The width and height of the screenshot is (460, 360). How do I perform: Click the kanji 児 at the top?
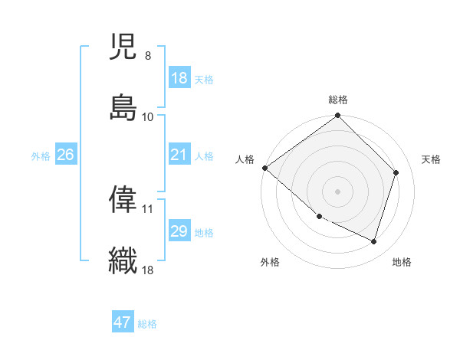[123, 48]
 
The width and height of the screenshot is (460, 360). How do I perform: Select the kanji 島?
[123, 106]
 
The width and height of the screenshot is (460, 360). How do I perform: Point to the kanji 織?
[123, 259]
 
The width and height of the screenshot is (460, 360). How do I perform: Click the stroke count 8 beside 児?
[147, 57]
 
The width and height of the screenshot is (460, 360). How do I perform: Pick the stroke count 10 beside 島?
[148, 116]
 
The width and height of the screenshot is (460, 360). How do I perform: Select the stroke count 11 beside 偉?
[148, 208]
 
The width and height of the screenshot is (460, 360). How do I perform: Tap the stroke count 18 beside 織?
[148, 269]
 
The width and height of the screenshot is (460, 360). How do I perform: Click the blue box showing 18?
[179, 78]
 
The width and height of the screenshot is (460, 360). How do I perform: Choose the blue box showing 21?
[179, 155]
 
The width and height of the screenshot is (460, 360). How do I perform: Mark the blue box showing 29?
[179, 231]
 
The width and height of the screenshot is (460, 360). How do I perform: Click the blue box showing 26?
[65, 155]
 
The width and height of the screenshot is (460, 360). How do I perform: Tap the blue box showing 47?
[123, 322]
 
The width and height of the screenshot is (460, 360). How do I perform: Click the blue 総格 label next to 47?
[147, 324]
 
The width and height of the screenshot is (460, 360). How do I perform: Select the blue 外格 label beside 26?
[41, 156]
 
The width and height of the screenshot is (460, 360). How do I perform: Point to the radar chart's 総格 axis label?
[338, 100]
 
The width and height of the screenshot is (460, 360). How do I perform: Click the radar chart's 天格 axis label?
[431, 159]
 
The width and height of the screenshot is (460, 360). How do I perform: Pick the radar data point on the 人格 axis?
[264, 168]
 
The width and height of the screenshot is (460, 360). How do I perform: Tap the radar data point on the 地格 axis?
[374, 242]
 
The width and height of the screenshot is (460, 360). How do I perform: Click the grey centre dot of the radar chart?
[337, 191]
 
